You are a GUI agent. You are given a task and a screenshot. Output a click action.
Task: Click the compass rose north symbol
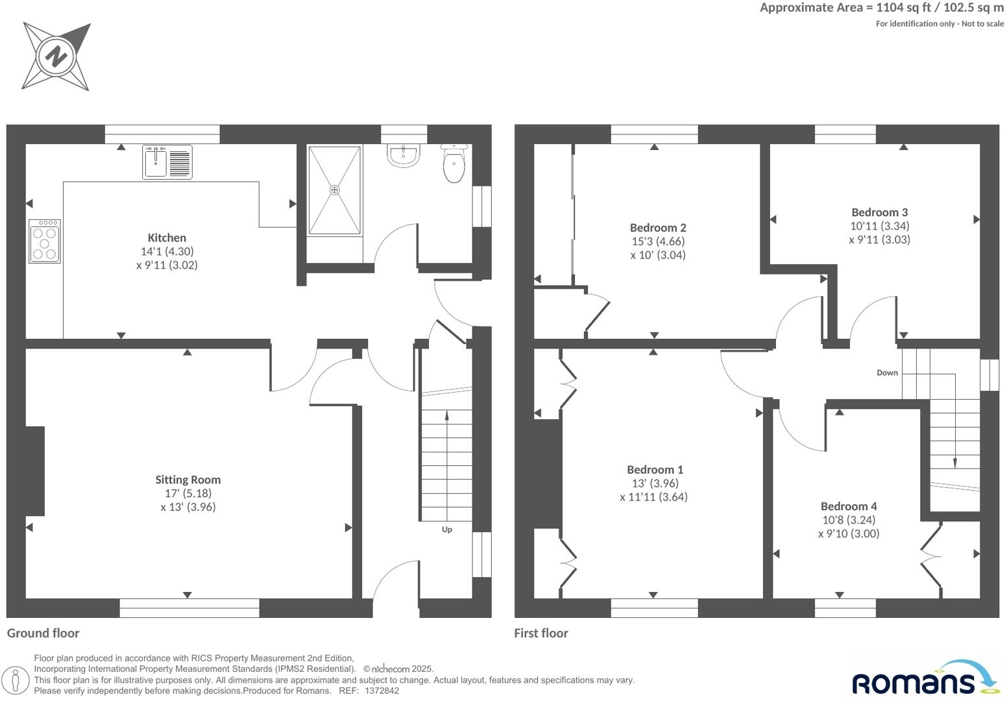point(56,56)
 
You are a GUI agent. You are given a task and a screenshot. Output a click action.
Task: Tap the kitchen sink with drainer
point(167,162)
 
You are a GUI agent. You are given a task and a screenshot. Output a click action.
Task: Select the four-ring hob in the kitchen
point(45,241)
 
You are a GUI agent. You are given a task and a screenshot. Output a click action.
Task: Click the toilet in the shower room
point(454,165)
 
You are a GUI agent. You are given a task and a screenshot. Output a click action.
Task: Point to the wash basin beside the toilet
point(404,156)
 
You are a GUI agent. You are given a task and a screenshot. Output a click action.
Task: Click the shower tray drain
point(334,190)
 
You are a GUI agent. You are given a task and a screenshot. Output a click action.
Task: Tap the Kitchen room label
point(167,238)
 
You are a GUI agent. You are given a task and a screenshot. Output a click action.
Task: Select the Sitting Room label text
point(188,480)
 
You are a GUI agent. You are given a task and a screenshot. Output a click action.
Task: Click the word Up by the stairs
point(446,530)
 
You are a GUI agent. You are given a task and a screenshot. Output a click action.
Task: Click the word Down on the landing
point(887,373)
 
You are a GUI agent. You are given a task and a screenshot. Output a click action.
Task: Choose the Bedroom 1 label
point(655,469)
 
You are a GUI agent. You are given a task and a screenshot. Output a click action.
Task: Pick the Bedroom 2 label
point(658,227)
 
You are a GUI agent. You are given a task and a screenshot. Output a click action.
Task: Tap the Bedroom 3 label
point(879,212)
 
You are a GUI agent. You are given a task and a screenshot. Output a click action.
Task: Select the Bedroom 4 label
point(849,506)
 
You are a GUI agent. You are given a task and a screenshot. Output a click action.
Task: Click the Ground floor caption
point(43,633)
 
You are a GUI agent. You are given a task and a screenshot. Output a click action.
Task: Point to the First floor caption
point(540,633)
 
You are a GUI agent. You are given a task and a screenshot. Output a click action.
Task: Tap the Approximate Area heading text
point(881,8)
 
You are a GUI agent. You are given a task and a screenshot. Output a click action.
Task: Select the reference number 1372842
point(383,691)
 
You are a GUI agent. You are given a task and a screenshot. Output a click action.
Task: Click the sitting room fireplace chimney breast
point(35,471)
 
